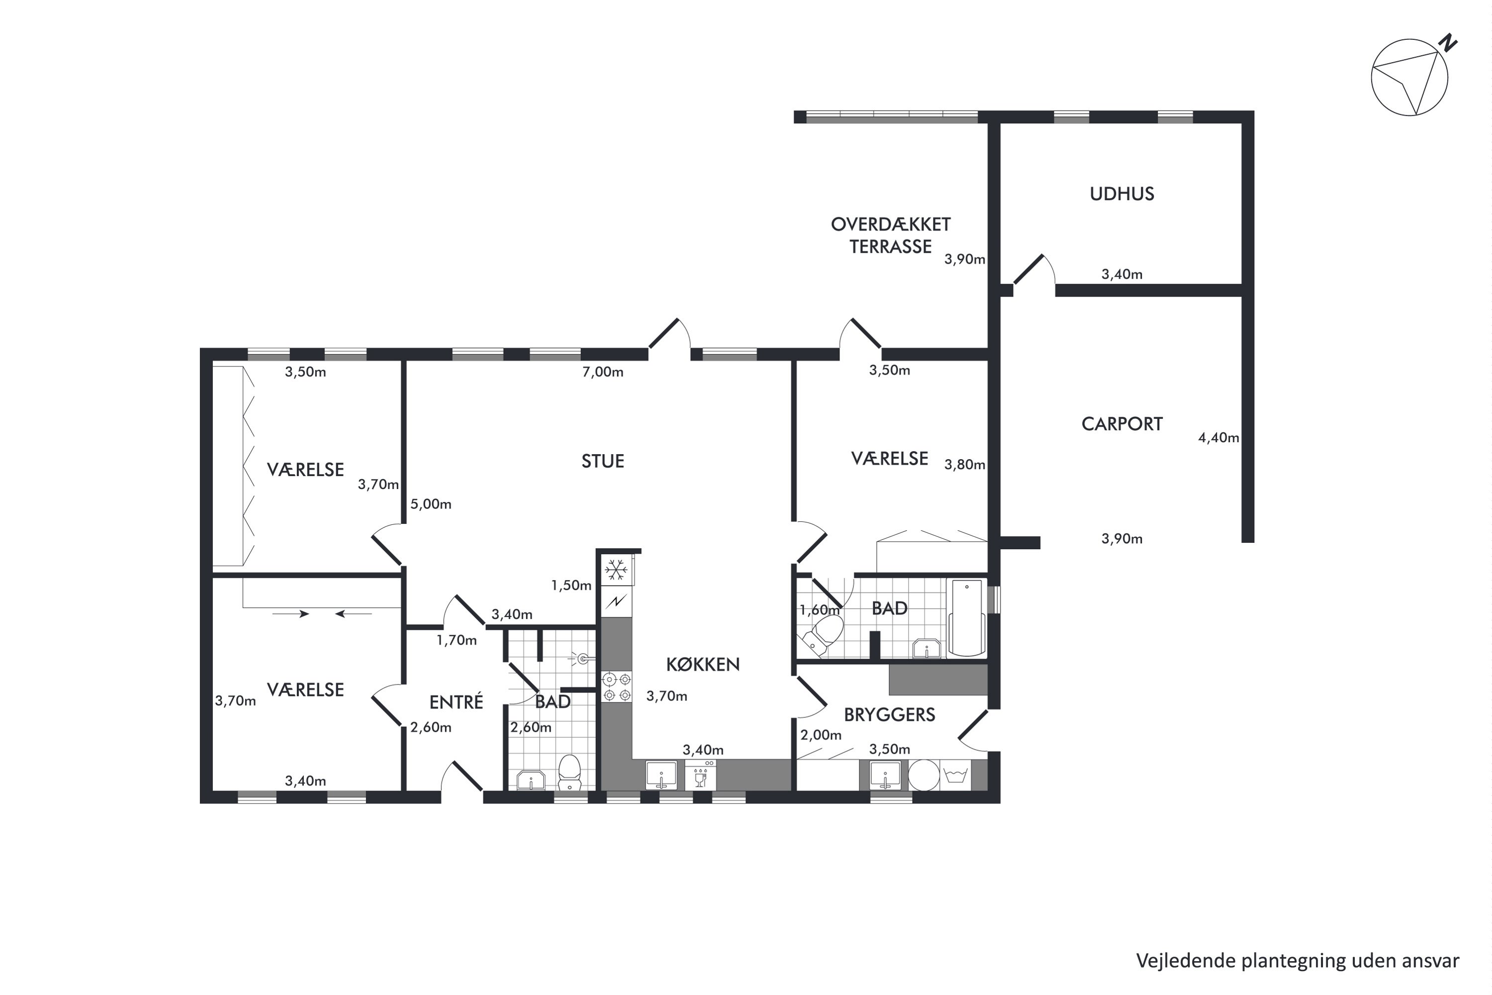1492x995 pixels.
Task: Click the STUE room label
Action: tap(603, 461)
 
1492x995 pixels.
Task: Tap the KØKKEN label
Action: tap(703, 664)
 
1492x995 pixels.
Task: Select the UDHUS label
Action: tap(1121, 194)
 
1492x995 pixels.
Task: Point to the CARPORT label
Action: tap(1121, 424)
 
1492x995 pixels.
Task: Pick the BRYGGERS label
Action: tap(889, 715)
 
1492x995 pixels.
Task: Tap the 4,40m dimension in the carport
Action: tap(1218, 438)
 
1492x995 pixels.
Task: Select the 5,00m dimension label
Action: tap(431, 504)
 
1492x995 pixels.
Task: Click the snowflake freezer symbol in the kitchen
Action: tap(615, 570)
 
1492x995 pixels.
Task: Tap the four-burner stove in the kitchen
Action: tap(617, 687)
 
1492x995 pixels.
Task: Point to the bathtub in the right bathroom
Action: tap(966, 617)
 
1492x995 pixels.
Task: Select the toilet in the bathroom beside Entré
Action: tap(569, 772)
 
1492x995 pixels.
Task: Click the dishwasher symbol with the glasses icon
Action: tap(700, 776)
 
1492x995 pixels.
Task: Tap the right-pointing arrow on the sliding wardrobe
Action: tap(290, 613)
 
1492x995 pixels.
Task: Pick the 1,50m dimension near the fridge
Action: tap(571, 586)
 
